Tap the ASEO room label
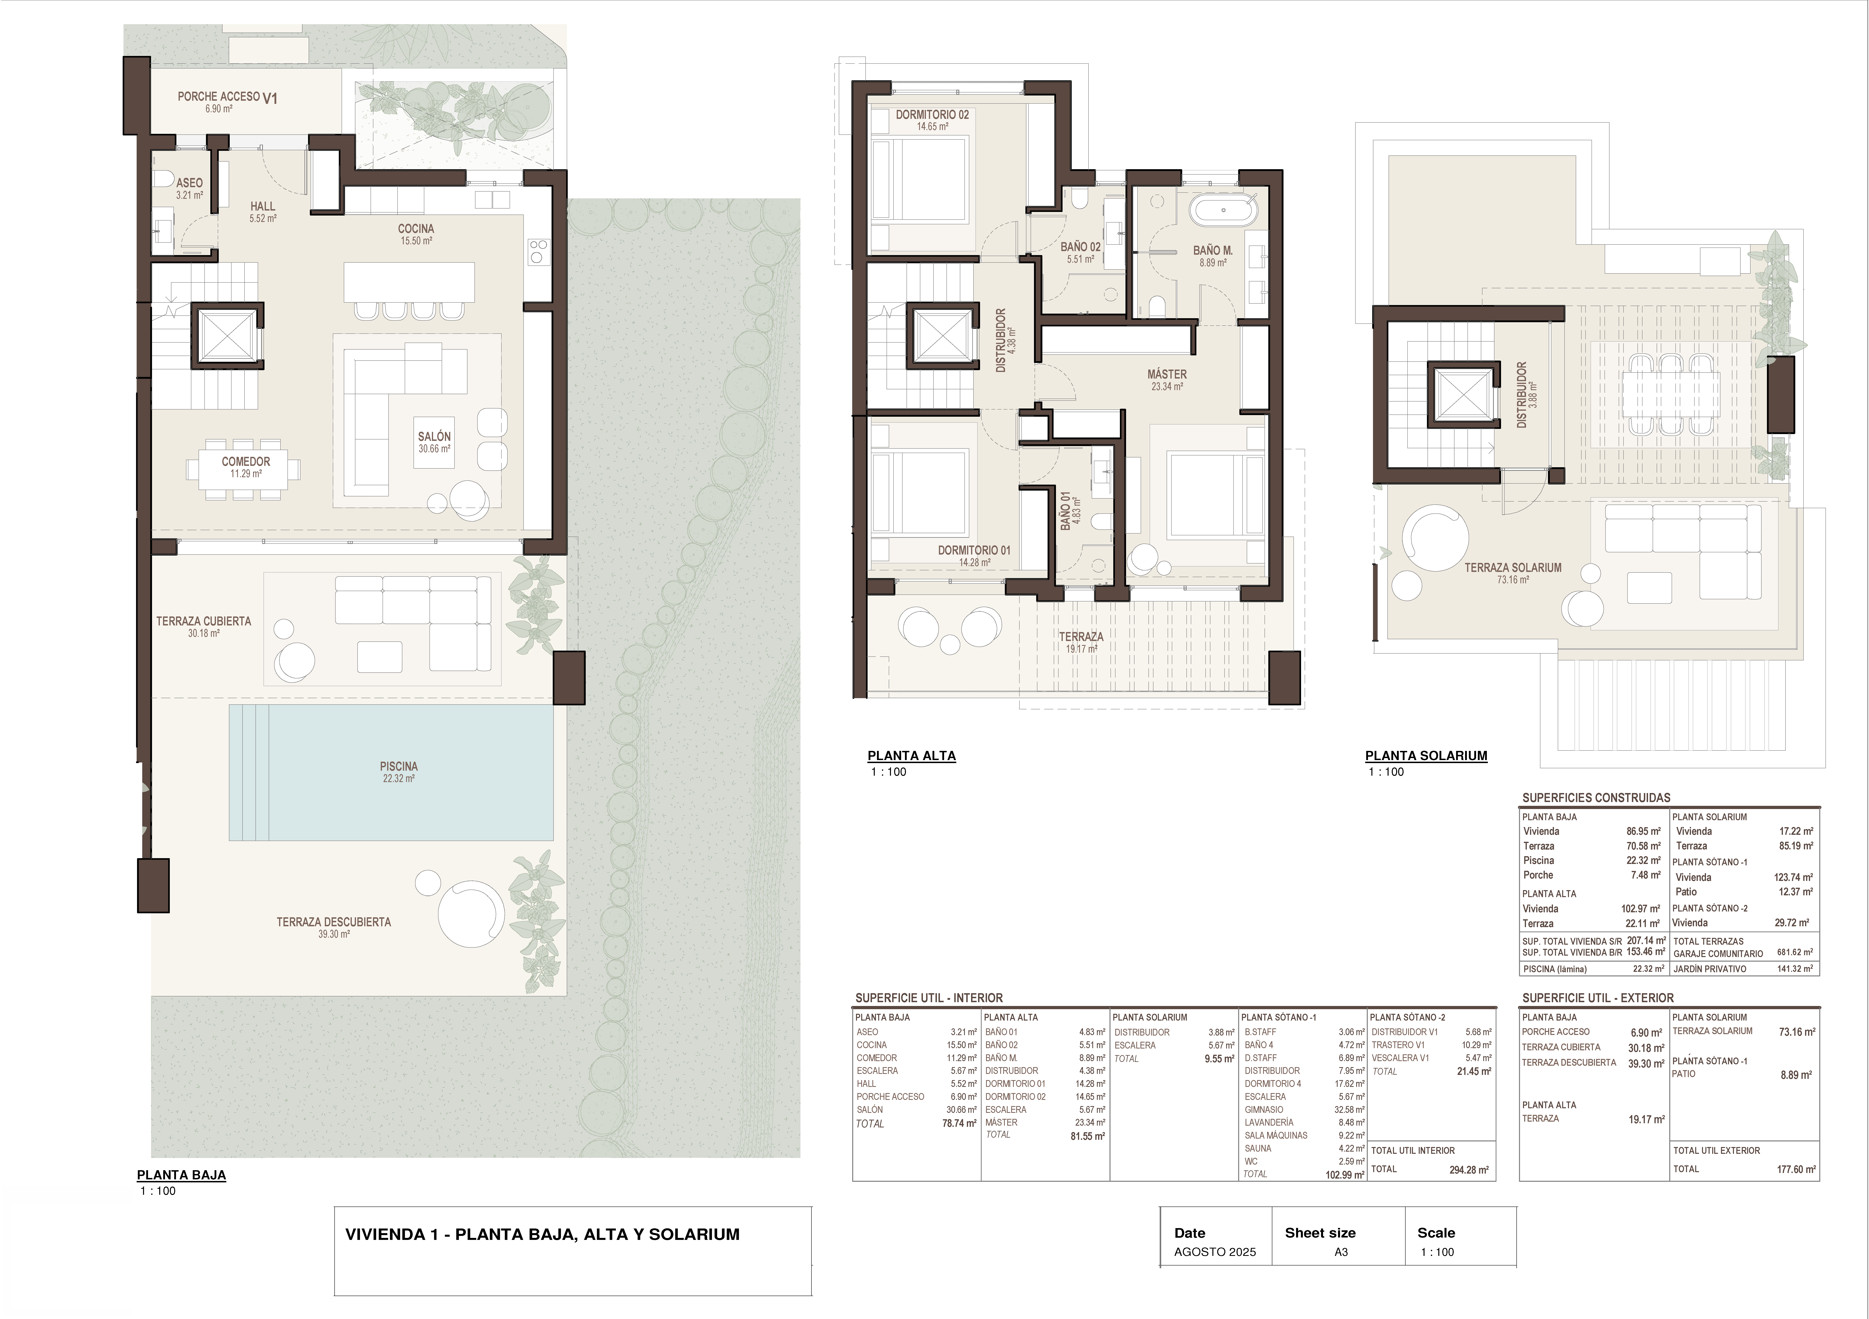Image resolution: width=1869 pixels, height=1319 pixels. pyautogui.click(x=190, y=183)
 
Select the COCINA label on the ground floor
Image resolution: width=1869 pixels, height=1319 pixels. pyautogui.click(x=416, y=229)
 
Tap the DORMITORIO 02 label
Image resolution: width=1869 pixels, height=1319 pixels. pyautogui.click(x=933, y=115)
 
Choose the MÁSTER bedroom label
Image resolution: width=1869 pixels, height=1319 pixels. pyautogui.click(x=1167, y=375)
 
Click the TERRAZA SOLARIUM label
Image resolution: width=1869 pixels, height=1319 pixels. pyautogui.click(x=1513, y=568)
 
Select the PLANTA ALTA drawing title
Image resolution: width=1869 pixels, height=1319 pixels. pyautogui.click(x=912, y=755)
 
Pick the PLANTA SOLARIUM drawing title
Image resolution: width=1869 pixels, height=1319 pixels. pyautogui.click(x=1426, y=755)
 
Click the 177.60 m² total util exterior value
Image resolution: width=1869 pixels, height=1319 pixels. pyautogui.click(x=1796, y=1170)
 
